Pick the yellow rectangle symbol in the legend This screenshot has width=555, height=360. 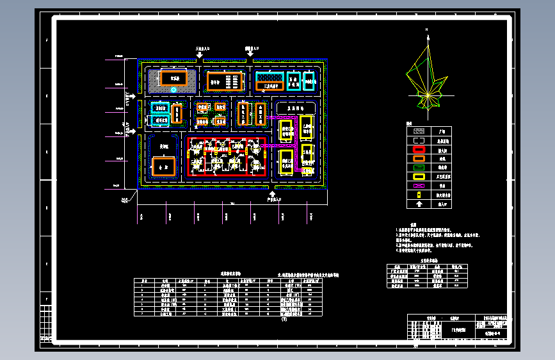(x=419, y=175)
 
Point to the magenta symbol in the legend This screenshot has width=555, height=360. (x=419, y=185)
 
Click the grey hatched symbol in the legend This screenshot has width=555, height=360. (x=419, y=129)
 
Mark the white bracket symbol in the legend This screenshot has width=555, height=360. (x=419, y=141)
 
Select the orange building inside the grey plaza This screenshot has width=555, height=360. (x=173, y=78)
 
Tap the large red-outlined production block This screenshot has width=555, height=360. (x=227, y=157)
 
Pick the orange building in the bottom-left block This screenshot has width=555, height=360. (x=164, y=166)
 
